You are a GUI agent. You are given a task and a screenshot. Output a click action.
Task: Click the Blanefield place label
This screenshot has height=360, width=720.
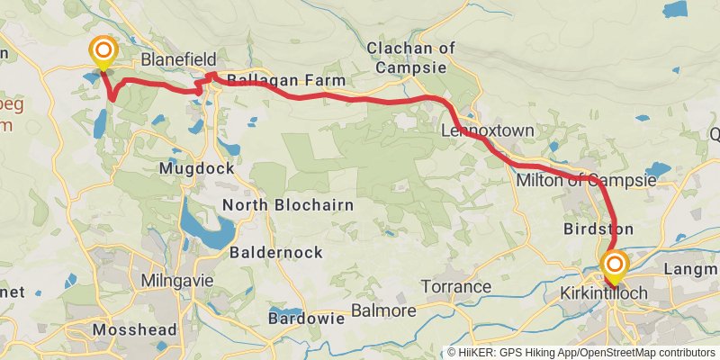point(179,58)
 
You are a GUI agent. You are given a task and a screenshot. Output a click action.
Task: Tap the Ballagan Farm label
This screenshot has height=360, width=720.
point(286,81)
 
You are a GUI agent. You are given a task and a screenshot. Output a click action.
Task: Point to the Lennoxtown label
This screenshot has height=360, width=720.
point(488,131)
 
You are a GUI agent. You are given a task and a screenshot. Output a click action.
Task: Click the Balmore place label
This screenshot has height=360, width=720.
point(382,310)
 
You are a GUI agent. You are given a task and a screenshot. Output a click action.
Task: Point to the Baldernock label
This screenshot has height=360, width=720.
point(276,253)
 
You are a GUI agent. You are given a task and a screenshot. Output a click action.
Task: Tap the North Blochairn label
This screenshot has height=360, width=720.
point(288,205)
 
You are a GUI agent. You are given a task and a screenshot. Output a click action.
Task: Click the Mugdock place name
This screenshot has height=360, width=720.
point(196,168)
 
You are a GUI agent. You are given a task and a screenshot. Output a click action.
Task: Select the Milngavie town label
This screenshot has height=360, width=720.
point(177,281)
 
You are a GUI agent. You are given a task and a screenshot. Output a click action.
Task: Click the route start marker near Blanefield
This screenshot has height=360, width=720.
point(103,51)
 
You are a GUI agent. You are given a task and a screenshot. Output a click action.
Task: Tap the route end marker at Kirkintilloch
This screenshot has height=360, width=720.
point(615,265)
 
